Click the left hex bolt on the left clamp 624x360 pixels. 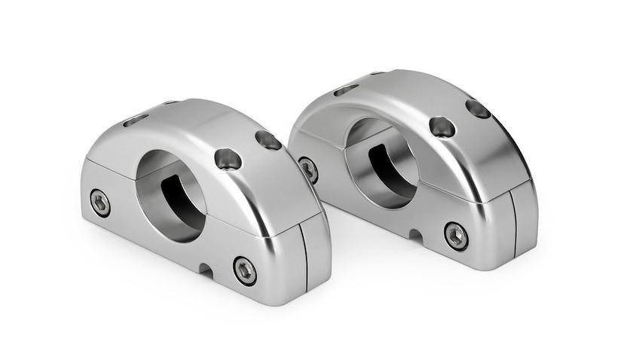point(99,202)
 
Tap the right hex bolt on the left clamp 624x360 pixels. point(244,270)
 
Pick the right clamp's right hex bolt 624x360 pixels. point(455,235)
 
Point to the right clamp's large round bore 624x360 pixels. point(381,160)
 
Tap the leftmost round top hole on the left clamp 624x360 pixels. point(228,158)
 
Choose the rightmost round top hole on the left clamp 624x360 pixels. point(268,140)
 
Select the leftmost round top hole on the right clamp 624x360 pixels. point(442,127)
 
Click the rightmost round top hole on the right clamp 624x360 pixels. point(478,109)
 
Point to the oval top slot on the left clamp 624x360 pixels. point(136,120)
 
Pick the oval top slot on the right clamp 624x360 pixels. point(346,90)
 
